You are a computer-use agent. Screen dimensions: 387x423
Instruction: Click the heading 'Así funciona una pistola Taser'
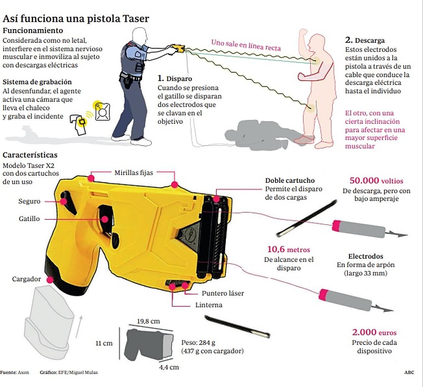pyautogui.click(x=76, y=19)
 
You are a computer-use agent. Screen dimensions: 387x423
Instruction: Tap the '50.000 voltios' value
pyautogui.click(x=376, y=181)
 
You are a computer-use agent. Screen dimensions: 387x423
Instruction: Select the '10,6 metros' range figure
pyautogui.click(x=288, y=250)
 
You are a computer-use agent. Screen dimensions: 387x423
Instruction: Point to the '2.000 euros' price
pyautogui.click(x=374, y=333)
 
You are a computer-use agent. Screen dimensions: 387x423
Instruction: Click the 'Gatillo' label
pyautogui.click(x=29, y=219)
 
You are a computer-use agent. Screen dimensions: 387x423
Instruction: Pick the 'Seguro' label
pyautogui.click(x=29, y=201)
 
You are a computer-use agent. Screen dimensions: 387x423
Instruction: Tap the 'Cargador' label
pyautogui.click(x=27, y=279)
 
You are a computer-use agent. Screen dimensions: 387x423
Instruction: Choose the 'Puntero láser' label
pyautogui.click(x=222, y=293)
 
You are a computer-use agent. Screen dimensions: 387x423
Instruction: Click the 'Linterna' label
pyautogui.click(x=209, y=305)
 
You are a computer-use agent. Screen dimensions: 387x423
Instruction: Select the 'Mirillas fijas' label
pyautogui.click(x=133, y=173)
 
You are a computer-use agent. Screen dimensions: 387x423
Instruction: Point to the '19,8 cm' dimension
pyautogui.click(x=148, y=321)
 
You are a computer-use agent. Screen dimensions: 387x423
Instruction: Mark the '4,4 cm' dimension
pyautogui.click(x=169, y=367)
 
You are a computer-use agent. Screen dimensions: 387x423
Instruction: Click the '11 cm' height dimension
pyautogui.click(x=104, y=343)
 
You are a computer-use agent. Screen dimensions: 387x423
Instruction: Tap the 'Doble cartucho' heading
pyautogui.click(x=290, y=181)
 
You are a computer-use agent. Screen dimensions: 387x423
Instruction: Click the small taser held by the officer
pyautogui.click(x=178, y=48)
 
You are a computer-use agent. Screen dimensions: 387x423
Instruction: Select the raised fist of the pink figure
pyautogui.click(x=303, y=33)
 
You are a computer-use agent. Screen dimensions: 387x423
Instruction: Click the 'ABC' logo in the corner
pyautogui.click(x=409, y=372)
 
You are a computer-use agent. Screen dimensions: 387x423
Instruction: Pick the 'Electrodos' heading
pyautogui.click(x=366, y=256)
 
